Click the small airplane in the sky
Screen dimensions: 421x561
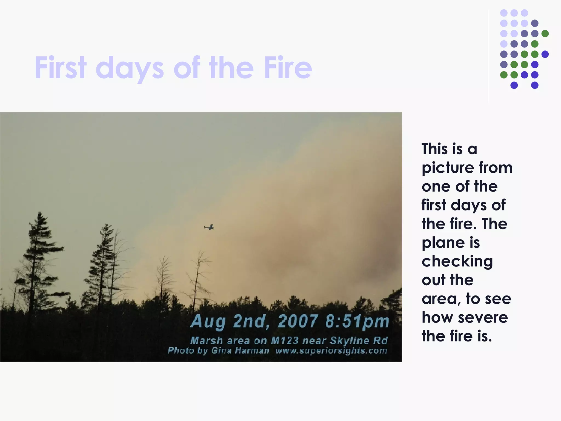(x=209, y=227)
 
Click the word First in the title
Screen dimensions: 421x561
(x=61, y=67)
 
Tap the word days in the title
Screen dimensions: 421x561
(x=130, y=69)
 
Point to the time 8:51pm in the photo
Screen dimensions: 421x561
(x=357, y=321)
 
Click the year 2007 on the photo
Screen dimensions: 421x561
(x=298, y=321)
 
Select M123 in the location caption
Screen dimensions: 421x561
(x=284, y=340)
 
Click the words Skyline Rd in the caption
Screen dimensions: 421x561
(x=359, y=340)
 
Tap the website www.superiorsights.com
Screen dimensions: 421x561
(x=331, y=351)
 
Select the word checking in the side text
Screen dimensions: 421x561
(x=457, y=262)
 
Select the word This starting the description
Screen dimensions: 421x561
(x=435, y=149)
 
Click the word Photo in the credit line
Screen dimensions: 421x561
(x=181, y=351)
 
